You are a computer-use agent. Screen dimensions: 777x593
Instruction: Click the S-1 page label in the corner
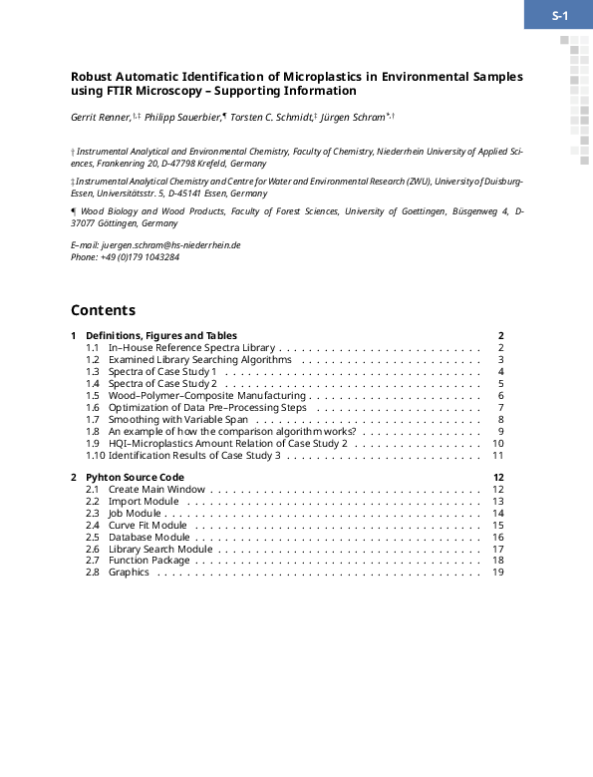(559, 15)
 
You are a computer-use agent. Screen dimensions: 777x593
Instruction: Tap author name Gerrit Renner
(100, 118)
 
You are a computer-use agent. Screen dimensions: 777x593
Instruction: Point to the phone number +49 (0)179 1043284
(140, 256)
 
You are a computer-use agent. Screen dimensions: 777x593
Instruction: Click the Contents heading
(103, 310)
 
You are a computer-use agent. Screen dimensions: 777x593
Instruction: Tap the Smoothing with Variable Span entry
(177, 419)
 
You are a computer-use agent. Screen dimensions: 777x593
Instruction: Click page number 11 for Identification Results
(498, 455)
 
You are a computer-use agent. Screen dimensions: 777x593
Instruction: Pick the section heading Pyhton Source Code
(135, 477)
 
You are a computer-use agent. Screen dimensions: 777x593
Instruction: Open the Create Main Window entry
(156, 489)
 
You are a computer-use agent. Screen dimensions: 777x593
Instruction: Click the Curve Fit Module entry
(148, 525)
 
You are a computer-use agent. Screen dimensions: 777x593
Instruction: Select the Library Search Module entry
(160, 549)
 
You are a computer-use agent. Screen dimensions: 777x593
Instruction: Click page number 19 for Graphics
(498, 573)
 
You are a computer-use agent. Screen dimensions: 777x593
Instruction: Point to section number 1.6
(92, 407)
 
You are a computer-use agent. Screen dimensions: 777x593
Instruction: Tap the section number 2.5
(92, 537)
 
